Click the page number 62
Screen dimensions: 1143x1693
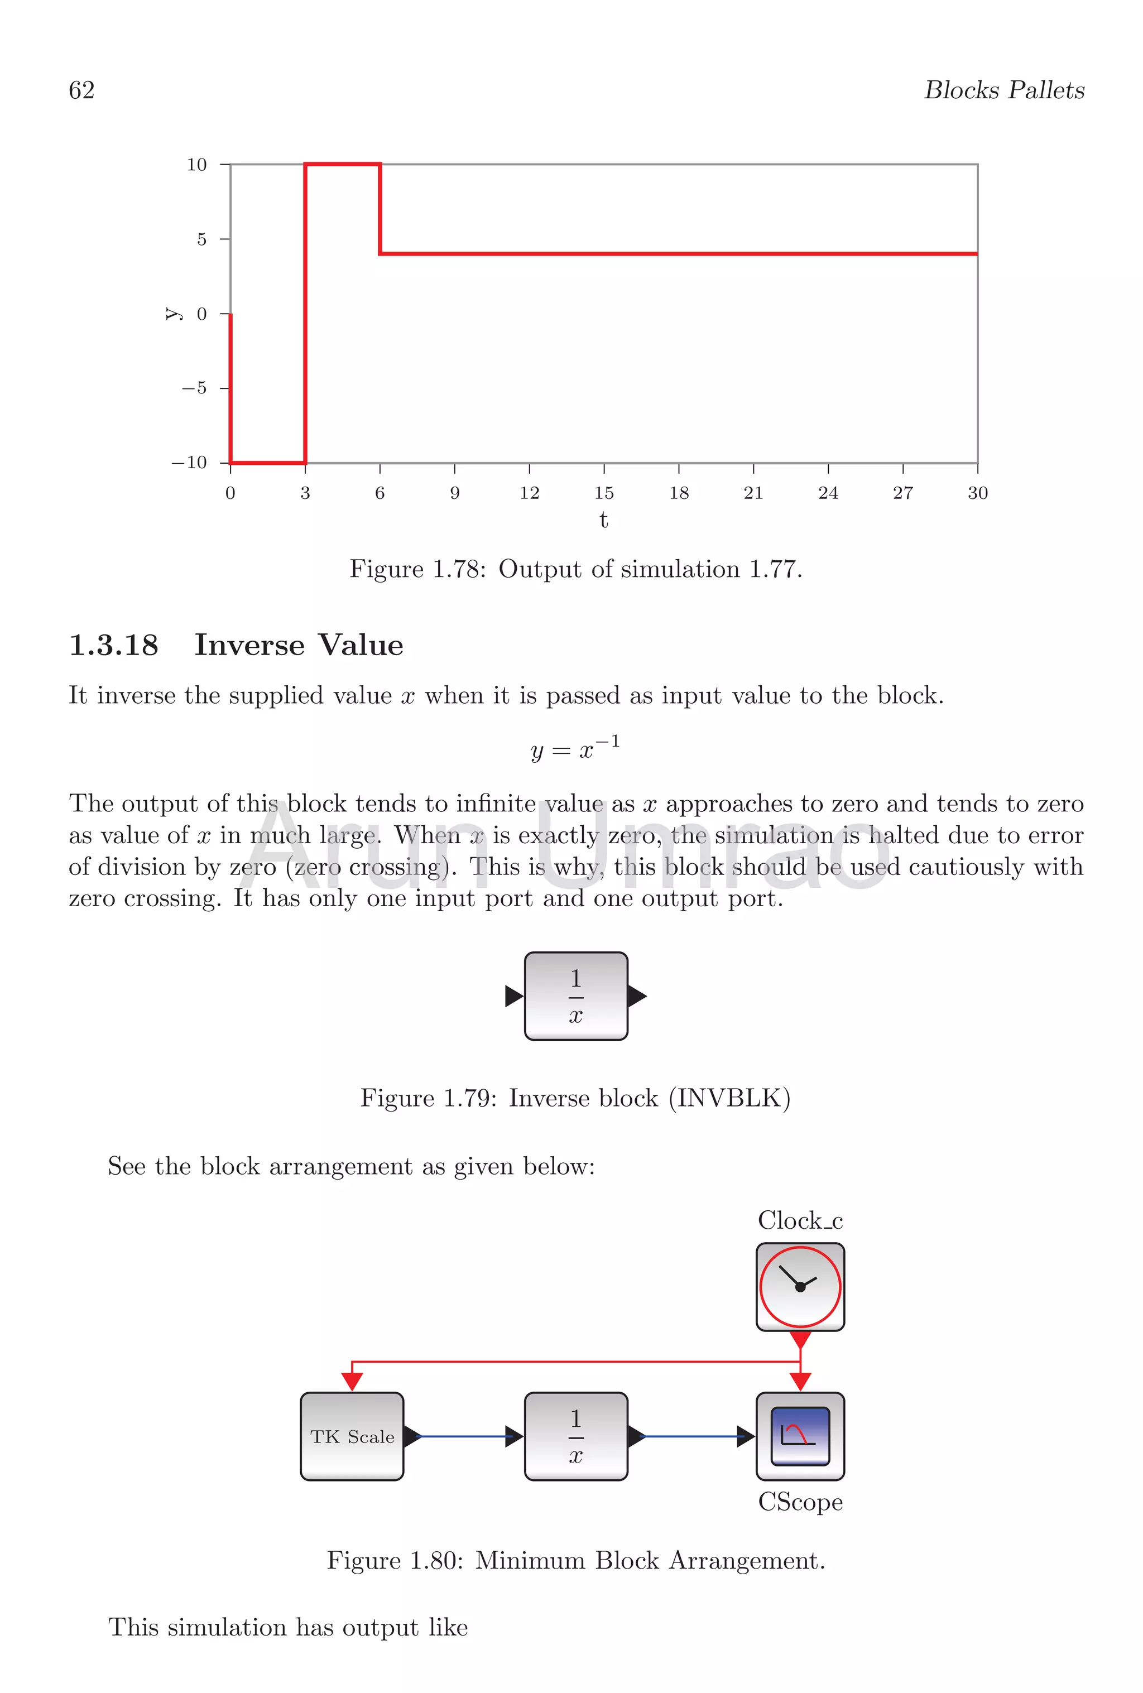point(81,90)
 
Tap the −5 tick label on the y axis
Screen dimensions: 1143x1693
point(194,388)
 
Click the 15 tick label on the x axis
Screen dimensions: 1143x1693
point(603,493)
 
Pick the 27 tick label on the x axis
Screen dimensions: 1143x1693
point(902,493)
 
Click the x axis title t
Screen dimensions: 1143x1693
point(603,520)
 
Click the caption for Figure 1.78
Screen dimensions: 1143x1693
point(575,569)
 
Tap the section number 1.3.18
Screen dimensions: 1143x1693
point(114,646)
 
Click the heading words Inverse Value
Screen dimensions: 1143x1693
point(299,646)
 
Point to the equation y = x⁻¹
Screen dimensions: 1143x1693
point(575,748)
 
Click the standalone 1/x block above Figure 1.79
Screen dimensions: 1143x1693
point(575,996)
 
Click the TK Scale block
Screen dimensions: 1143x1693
point(352,1436)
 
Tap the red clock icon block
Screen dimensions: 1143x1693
point(800,1287)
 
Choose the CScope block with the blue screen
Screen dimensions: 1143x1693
point(800,1436)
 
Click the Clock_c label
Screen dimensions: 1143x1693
point(800,1221)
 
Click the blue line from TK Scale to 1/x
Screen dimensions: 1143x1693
point(463,1436)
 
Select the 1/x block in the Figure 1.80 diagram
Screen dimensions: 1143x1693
point(575,1436)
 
